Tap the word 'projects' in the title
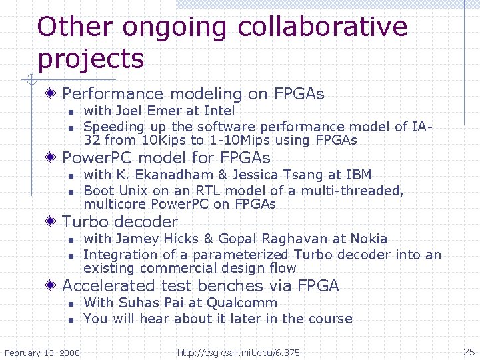(x=91, y=59)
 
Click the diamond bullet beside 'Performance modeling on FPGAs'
(x=53, y=94)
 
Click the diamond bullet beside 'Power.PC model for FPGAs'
(x=53, y=158)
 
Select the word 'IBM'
(x=359, y=175)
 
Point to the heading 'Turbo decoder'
(x=120, y=222)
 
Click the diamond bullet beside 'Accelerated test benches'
(x=53, y=286)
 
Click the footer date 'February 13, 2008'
(x=42, y=352)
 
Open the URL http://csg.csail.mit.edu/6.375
(x=238, y=352)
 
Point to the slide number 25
(x=468, y=351)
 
